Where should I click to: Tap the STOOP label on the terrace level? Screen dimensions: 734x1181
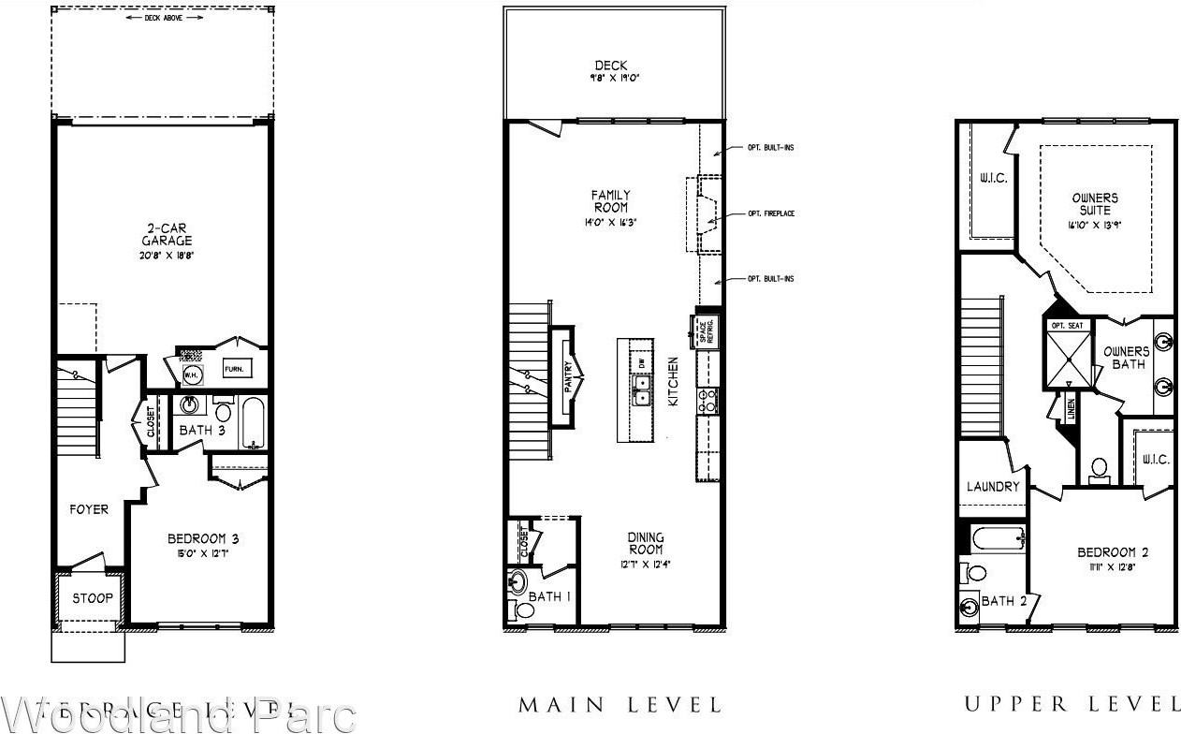[92, 598]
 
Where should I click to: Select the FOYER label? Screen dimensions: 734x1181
[89, 510]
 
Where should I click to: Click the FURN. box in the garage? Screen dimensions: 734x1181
[234, 370]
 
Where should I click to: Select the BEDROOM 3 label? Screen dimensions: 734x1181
[203, 539]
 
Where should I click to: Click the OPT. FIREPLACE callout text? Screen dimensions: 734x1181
[771, 214]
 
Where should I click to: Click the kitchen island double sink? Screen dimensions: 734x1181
[641, 391]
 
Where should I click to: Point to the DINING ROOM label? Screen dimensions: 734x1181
[645, 544]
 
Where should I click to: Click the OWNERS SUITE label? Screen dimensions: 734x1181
[1094, 204]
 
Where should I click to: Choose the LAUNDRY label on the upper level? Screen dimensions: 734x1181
[993, 487]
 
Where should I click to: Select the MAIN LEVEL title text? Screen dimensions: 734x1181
[620, 704]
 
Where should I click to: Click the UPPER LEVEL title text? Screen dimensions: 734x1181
[1072, 704]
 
